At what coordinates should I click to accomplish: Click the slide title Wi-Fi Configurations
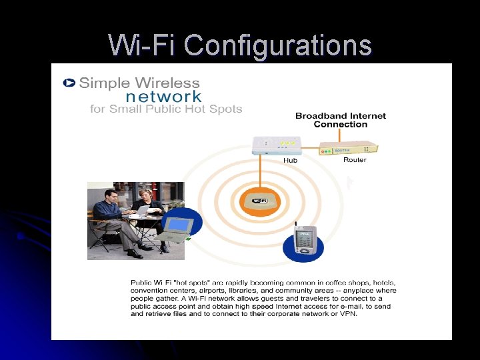240,45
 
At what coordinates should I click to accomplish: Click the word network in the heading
163,96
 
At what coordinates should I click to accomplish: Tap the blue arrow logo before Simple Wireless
69,83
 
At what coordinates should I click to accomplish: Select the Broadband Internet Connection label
340,120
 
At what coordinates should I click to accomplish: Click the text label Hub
290,161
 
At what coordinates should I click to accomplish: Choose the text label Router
355,160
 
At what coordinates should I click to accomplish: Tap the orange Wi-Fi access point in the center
260,201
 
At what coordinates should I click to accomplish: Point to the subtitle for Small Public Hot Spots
166,109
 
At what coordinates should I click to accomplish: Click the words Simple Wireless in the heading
139,83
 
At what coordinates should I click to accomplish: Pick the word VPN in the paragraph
348,315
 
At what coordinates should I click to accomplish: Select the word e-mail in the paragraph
357,299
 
